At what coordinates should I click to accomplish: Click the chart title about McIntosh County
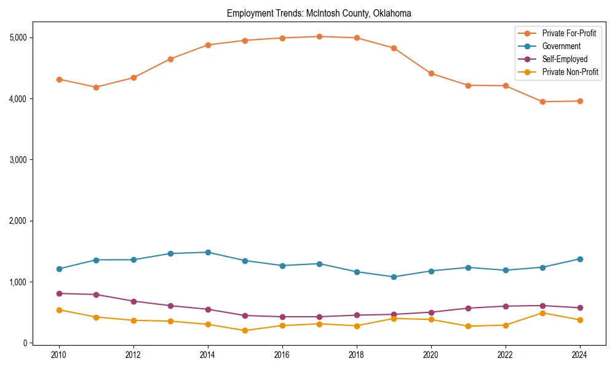319,13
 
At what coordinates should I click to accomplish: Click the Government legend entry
561,46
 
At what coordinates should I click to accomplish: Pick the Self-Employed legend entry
565,59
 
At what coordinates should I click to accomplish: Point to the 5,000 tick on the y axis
18,38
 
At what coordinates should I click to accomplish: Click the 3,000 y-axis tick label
18,160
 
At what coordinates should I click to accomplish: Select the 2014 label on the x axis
208,355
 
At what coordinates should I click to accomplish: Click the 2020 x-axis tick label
431,355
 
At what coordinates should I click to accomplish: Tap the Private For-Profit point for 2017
319,36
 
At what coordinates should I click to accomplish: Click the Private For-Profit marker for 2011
96,87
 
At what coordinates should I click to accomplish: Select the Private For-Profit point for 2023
542,101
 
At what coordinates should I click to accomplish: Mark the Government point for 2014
208,252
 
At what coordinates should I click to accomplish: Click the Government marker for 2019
394,277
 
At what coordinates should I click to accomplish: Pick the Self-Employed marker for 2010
59,293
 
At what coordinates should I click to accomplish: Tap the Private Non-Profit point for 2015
245,330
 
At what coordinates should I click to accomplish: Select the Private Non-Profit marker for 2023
542,313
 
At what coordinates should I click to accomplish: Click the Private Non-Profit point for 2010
59,310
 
